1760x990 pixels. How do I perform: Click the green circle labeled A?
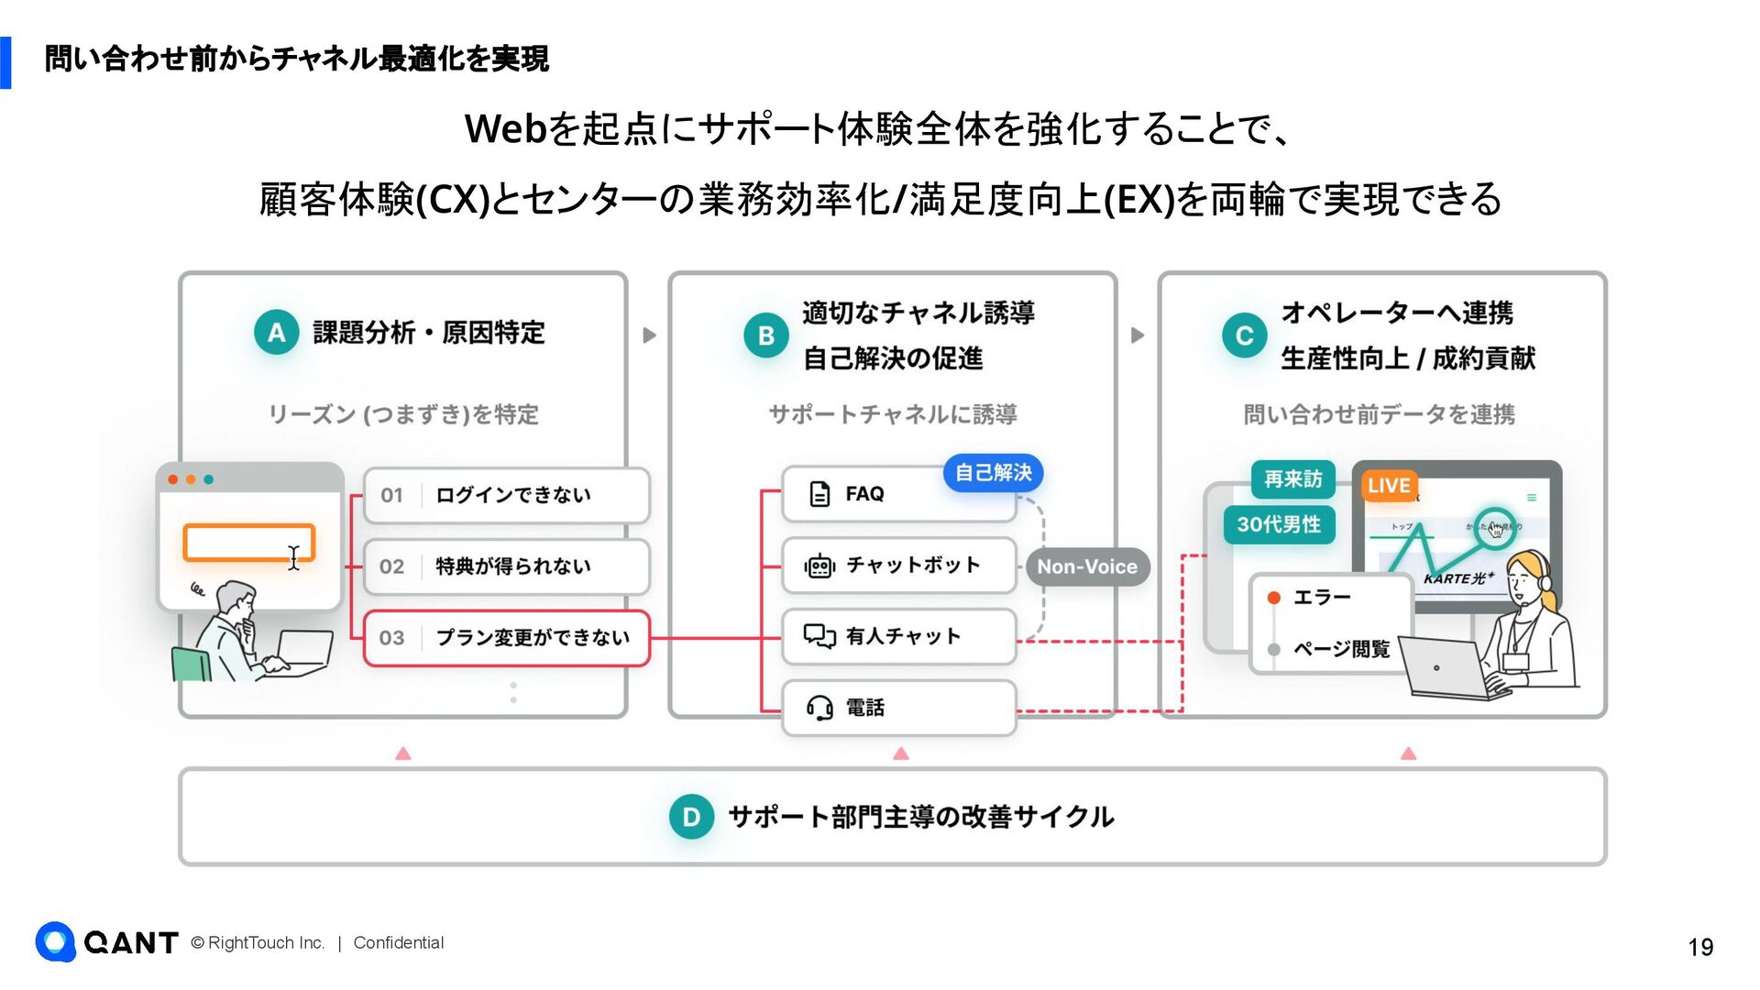tap(277, 333)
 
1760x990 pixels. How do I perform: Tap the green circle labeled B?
tap(766, 335)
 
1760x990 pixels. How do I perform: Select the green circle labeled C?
tap(1244, 335)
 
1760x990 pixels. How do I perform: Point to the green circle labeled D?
tap(691, 817)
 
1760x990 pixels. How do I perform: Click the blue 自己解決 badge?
tap(993, 473)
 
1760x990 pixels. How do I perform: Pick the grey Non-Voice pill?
tap(1086, 566)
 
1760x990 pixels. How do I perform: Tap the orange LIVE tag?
tap(1389, 486)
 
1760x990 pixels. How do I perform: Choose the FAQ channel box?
tap(897, 494)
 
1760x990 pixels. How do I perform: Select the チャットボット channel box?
tap(898, 566)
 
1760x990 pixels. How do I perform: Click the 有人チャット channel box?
tap(898, 636)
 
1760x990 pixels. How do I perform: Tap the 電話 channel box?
tap(898, 708)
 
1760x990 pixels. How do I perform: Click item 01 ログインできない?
tap(506, 495)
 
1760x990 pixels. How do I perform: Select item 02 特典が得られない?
tap(506, 566)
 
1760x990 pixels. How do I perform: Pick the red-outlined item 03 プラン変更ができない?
tap(506, 638)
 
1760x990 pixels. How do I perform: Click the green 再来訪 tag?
tap(1292, 479)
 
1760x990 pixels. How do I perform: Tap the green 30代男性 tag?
tap(1279, 524)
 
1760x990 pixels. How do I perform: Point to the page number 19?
tap(1700, 947)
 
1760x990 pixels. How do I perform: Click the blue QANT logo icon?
tap(55, 941)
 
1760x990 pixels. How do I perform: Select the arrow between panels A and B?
tap(649, 335)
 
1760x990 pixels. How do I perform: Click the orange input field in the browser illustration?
tap(248, 542)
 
